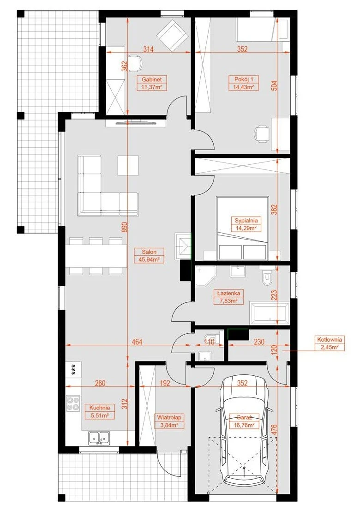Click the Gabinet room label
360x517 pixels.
(x=152, y=79)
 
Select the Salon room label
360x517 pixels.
(x=150, y=252)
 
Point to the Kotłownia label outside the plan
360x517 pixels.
(x=330, y=340)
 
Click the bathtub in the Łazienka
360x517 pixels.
(x=270, y=312)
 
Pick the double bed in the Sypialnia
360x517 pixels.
(x=242, y=228)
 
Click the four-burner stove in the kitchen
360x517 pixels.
(x=73, y=403)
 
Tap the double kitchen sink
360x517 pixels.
(x=99, y=438)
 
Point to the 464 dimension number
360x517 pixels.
(x=137, y=342)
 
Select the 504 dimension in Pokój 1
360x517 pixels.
(x=275, y=86)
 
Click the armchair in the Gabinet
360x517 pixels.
(x=171, y=35)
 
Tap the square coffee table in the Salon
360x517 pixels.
(x=128, y=165)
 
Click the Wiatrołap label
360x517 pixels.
(x=169, y=417)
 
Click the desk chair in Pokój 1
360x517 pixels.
(x=262, y=133)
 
